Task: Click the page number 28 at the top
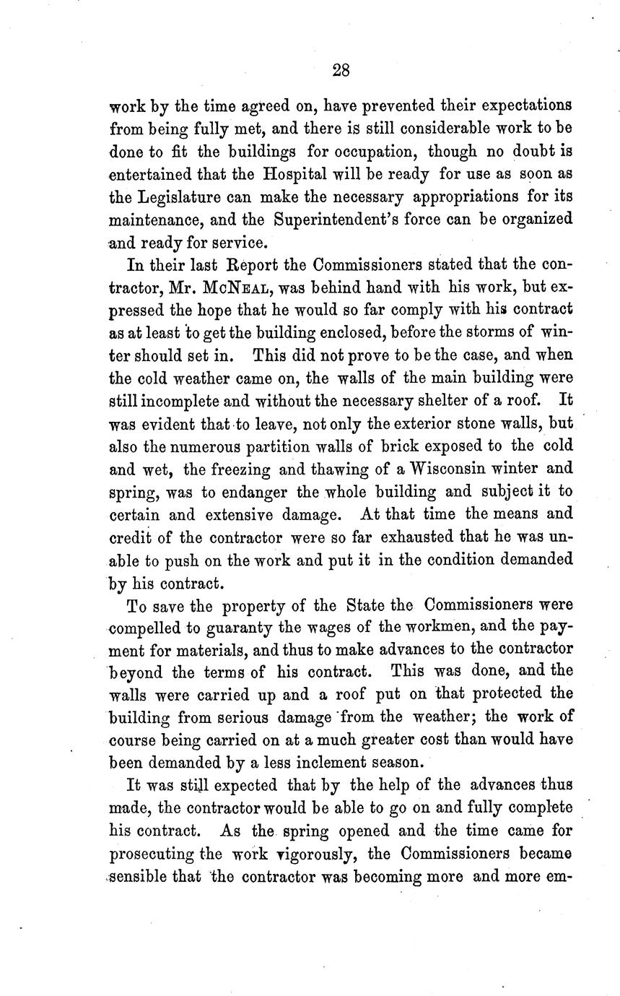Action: click(x=341, y=69)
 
